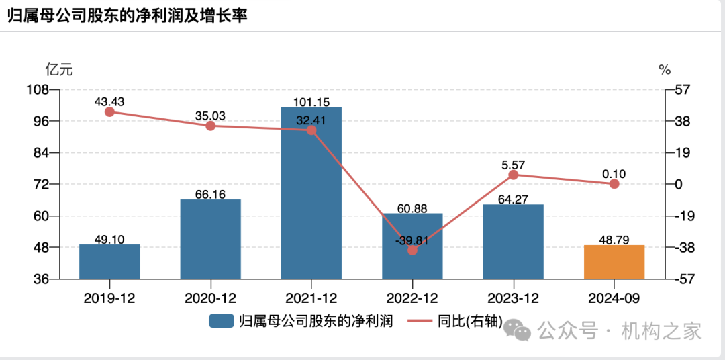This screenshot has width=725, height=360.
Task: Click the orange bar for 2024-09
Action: tap(614, 262)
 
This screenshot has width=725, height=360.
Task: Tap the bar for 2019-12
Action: tap(109, 262)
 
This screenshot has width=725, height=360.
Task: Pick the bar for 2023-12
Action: tap(513, 242)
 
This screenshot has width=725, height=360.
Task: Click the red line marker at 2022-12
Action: tap(412, 250)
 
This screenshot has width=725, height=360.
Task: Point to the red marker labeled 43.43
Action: tap(109, 112)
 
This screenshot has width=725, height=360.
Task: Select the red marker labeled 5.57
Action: tap(513, 175)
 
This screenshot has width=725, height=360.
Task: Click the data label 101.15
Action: tap(311, 102)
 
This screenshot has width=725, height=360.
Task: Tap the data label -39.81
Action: tap(412, 239)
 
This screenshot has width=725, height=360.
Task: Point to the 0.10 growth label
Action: tap(614, 174)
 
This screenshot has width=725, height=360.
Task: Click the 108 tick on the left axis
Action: tap(42, 89)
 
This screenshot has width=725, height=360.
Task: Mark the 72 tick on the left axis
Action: tap(45, 184)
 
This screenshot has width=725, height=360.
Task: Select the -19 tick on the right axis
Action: tap(681, 216)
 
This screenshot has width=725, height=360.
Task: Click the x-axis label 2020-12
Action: tap(210, 298)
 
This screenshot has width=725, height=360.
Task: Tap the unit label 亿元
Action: tap(58, 69)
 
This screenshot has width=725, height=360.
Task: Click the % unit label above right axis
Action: tap(665, 69)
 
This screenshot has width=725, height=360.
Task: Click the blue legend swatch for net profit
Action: tap(221, 321)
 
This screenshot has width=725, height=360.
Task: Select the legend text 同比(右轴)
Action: tap(469, 321)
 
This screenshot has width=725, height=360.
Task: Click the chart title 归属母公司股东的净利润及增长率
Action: tap(128, 17)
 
